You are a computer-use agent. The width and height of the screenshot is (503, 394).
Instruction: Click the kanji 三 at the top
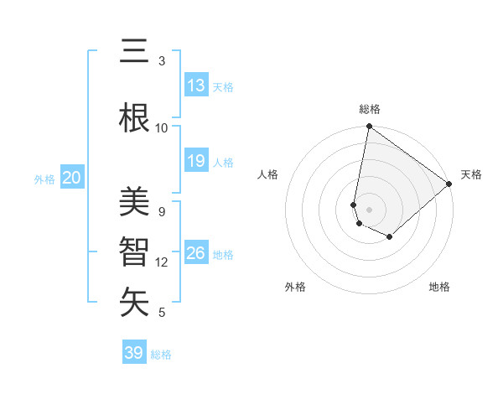(134, 52)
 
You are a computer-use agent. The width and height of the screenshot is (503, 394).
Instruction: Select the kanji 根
(134, 117)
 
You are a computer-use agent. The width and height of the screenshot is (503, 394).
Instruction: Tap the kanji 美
(134, 202)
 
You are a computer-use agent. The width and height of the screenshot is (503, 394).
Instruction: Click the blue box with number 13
(196, 86)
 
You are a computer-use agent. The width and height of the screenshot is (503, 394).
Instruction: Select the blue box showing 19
(196, 161)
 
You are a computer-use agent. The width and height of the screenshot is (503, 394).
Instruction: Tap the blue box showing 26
(196, 253)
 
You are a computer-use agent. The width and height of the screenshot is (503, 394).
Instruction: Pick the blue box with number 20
(72, 178)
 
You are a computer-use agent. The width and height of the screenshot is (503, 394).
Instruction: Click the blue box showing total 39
(134, 353)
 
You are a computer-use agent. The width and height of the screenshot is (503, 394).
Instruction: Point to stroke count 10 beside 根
(162, 127)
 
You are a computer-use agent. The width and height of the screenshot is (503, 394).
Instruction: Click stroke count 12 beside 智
(162, 262)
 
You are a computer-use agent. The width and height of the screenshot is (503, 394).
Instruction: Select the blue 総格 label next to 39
(161, 355)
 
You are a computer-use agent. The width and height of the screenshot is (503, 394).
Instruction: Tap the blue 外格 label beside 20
(44, 179)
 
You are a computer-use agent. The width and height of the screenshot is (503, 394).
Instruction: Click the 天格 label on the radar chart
(471, 174)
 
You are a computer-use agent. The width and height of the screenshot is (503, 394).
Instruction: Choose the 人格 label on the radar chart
(268, 174)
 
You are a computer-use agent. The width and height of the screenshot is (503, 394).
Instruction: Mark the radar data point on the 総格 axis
(369, 127)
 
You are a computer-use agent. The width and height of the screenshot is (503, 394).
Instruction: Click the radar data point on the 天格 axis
(449, 184)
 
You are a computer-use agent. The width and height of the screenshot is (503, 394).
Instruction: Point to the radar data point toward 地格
(390, 237)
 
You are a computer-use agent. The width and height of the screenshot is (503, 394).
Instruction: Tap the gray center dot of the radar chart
(369, 210)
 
